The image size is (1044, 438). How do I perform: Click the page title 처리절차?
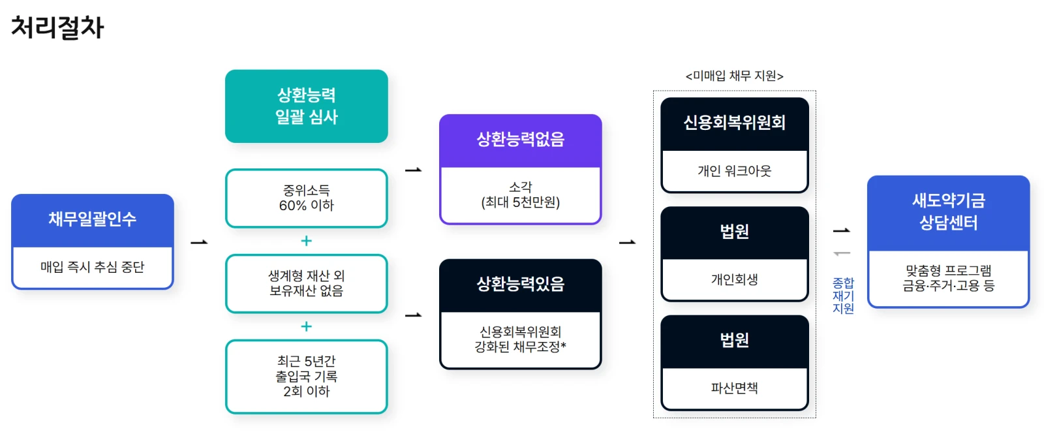coord(57,27)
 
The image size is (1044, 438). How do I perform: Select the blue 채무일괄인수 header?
coord(93,219)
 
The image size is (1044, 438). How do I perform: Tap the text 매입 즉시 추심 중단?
coord(93,267)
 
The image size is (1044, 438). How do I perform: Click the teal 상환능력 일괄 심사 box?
coord(306,106)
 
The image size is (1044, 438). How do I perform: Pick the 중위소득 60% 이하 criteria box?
coord(306,198)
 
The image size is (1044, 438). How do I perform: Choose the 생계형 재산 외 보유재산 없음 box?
coord(306,283)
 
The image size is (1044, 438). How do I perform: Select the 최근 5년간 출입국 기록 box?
coord(306,376)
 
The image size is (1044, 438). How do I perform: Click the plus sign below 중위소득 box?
coord(306,241)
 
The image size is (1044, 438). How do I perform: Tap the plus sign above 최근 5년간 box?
coord(306,326)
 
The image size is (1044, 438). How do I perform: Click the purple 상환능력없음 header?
coord(520,140)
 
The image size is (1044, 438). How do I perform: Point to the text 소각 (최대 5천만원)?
coord(520,195)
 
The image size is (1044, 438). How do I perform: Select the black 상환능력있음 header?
coord(520,285)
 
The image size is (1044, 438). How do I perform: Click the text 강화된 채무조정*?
coord(520,347)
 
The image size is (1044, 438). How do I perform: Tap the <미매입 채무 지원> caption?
coord(734,76)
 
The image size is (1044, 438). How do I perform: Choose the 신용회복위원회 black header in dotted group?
coord(734,123)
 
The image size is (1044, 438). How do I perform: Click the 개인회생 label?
coord(734,280)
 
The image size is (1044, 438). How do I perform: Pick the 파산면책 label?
coord(734,388)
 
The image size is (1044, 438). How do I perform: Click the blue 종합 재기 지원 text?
coord(843,296)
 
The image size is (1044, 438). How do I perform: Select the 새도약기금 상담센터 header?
coord(948,212)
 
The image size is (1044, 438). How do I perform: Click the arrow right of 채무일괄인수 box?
coord(199,242)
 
